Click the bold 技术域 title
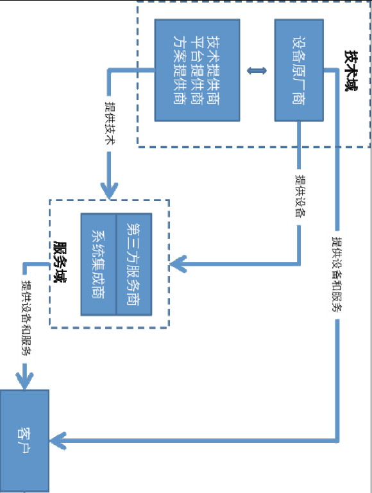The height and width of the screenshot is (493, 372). [x=351, y=71]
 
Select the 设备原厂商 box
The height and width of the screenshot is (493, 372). [x=299, y=70]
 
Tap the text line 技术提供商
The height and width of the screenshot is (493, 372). [x=214, y=70]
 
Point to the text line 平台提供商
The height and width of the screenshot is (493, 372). [x=197, y=70]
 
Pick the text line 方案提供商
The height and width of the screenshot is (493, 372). [x=180, y=70]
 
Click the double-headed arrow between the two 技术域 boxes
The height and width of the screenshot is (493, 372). [x=257, y=71]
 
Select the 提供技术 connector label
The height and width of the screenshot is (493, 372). [x=109, y=123]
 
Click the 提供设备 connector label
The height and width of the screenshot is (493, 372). [x=300, y=196]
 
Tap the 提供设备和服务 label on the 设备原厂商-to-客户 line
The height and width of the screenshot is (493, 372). [x=337, y=274]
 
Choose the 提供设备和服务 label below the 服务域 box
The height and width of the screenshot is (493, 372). [x=26, y=318]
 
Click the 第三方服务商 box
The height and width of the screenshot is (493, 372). [x=134, y=264]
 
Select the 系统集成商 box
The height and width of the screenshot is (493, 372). [x=98, y=264]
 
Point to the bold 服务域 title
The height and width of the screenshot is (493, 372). [x=60, y=262]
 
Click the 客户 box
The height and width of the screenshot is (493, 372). [x=24, y=441]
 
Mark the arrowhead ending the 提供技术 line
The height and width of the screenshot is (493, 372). [x=109, y=191]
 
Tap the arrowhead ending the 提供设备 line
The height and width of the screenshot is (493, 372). [x=178, y=263]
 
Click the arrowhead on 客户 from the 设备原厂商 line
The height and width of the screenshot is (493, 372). [x=58, y=441]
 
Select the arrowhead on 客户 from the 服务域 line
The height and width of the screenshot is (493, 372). [x=24, y=381]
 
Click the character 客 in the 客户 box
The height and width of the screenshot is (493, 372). [x=24, y=433]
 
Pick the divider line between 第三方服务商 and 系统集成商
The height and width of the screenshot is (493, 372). [x=116, y=264]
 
